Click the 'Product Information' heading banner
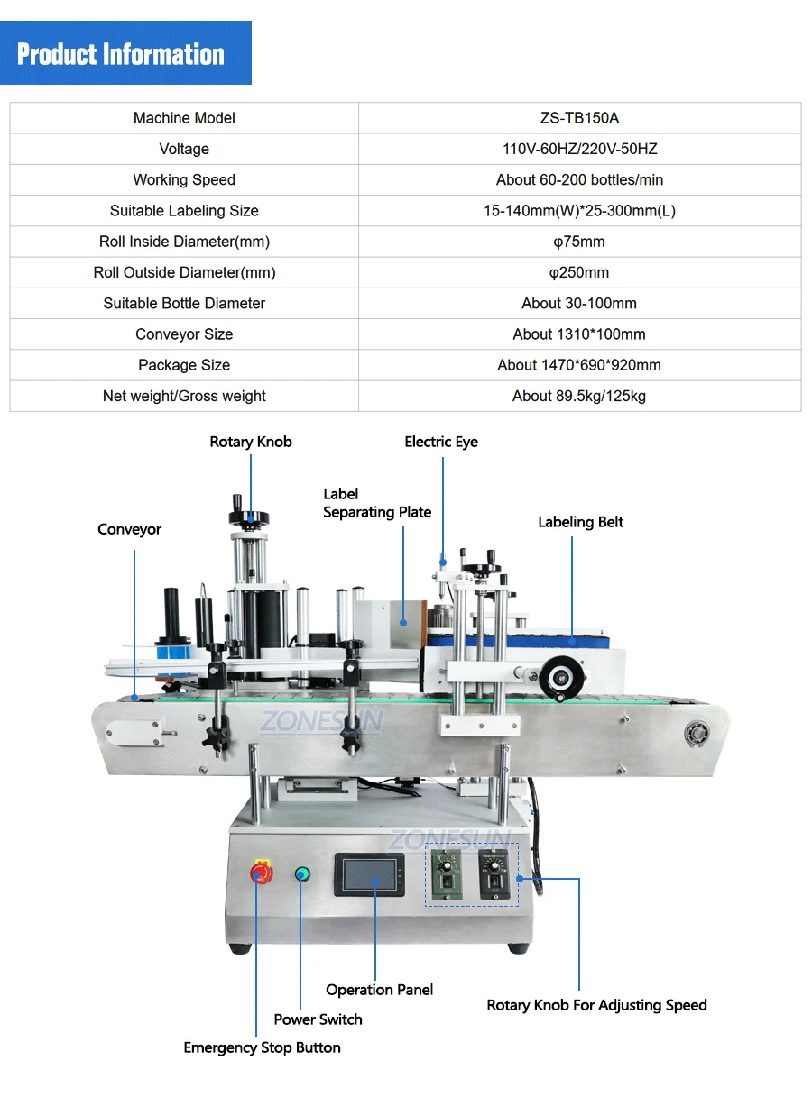[121, 54]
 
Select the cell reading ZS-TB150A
[579, 118]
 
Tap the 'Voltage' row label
[184, 149]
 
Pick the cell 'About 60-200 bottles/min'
[579, 179]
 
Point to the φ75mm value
[579, 242]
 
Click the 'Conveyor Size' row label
[184, 334]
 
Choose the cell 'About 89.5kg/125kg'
[579, 396]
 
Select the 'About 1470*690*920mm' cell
[579, 365]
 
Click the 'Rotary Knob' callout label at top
[251, 442]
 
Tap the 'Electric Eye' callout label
[441, 442]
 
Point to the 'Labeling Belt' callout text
[580, 522]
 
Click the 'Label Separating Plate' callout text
[377, 503]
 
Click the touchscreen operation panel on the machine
[369, 874]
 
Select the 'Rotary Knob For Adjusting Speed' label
[596, 1005]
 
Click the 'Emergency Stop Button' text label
[262, 1047]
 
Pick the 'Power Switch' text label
[318, 1019]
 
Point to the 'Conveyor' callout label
[129, 529]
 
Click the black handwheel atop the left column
[248, 516]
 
